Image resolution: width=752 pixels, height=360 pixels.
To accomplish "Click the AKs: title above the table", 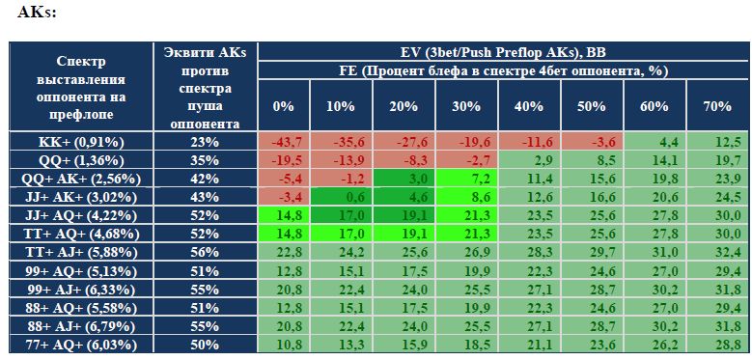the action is click(37, 13).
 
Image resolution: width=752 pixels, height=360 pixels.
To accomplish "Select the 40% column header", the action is click(529, 106).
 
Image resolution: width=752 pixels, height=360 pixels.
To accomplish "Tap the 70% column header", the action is click(717, 106).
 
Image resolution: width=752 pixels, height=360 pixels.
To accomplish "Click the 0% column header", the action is click(284, 106).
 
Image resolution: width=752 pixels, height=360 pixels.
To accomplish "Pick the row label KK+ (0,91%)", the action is click(80, 142).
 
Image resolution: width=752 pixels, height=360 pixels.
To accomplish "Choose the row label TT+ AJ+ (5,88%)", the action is click(80, 253).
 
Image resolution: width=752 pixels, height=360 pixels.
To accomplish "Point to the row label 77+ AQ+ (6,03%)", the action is click(80, 346).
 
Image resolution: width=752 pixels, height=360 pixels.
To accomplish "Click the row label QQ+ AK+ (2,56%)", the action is click(80, 180).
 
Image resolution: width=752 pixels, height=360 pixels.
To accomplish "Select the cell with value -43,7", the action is click(284, 142).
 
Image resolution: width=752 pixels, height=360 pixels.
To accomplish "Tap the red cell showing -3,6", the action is click(592, 142).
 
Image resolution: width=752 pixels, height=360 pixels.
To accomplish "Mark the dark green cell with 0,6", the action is click(341, 198).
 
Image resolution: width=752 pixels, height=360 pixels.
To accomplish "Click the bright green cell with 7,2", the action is click(466, 180).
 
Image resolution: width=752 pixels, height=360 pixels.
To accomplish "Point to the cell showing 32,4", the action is click(717, 253).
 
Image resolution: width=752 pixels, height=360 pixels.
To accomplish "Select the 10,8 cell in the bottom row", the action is click(284, 346).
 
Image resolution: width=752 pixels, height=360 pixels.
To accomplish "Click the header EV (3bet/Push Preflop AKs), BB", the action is click(503, 52).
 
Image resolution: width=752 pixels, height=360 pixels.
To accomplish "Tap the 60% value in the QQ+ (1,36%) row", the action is click(655, 160).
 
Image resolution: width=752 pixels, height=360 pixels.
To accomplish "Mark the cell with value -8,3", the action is click(404, 160).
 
